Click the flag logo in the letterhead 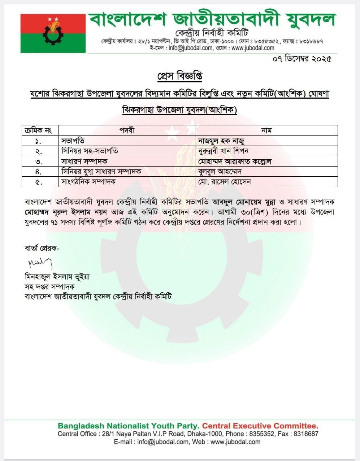pyautogui.click(x=53, y=33)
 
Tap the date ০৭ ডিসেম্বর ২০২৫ pyautogui.click(x=302, y=59)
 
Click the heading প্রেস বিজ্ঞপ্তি pyautogui.click(x=180, y=76)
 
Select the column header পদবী pyautogui.click(x=127, y=130)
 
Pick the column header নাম pyautogui.click(x=266, y=130)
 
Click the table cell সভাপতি pyautogui.click(x=73, y=141)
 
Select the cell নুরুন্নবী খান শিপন pyautogui.click(x=223, y=151)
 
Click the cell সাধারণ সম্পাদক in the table pyautogui.click(x=84, y=161)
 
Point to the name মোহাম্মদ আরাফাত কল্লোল pyautogui.click(x=235, y=161)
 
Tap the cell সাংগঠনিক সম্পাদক pyautogui.click(x=88, y=181)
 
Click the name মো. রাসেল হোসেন pyautogui.click(x=224, y=181)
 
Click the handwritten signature pyautogui.click(x=40, y=263)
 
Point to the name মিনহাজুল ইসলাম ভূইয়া pyautogui.click(x=57, y=277)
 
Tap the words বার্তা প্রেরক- pyautogui.click(x=42, y=248)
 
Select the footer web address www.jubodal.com pyautogui.click(x=235, y=441)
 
